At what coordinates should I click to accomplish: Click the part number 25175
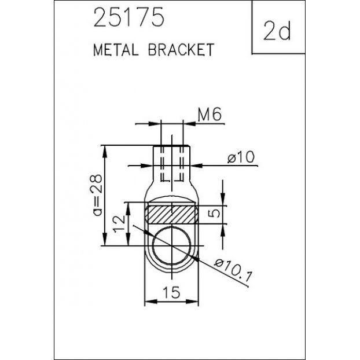[129, 17]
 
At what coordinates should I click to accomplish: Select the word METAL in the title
[116, 50]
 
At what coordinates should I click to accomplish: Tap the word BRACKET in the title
[181, 50]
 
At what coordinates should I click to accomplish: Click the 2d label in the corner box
[277, 31]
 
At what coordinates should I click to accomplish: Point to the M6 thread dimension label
[210, 115]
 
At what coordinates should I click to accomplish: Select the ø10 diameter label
[241, 157]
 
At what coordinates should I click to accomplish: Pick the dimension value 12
[119, 224]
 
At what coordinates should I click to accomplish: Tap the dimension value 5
[214, 214]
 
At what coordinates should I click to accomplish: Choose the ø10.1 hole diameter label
[233, 270]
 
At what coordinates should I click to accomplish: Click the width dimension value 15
[171, 292]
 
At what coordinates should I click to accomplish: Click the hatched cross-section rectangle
[171, 215]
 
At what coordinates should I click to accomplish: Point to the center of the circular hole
[171, 245]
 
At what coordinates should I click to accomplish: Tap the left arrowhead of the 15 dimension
[150, 302]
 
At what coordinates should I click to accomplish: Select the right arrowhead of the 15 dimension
[192, 302]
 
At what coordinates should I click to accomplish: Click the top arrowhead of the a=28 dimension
[105, 152]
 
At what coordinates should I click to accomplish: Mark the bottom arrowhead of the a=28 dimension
[105, 239]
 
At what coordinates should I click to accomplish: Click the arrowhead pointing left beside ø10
[196, 166]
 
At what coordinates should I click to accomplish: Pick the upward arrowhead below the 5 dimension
[223, 230]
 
